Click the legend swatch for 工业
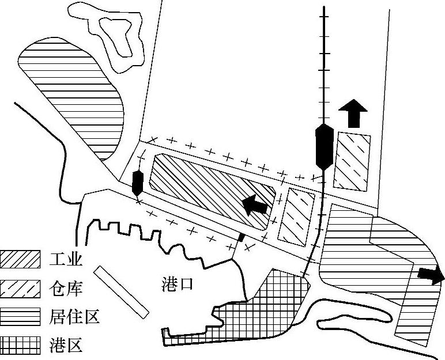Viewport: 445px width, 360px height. (x=21, y=260)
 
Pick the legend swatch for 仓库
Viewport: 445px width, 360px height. (x=21, y=288)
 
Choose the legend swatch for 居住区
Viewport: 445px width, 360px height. (x=21, y=317)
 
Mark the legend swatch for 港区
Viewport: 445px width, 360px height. (x=21, y=345)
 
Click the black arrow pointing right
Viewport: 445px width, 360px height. (x=431, y=275)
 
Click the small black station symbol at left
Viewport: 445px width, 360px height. (x=137, y=183)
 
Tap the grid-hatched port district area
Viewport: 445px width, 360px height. (x=259, y=311)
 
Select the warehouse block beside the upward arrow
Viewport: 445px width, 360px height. (x=352, y=161)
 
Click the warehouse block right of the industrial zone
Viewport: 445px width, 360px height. (x=296, y=214)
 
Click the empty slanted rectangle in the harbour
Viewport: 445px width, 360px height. (x=122, y=291)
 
